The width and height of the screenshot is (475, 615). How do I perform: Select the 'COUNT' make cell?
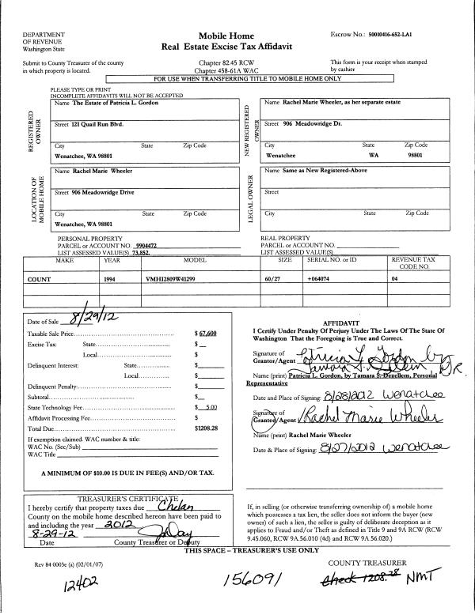[40, 279]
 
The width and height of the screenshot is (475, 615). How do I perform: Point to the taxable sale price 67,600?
[207, 335]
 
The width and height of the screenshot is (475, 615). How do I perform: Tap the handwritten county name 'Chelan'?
[175, 507]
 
